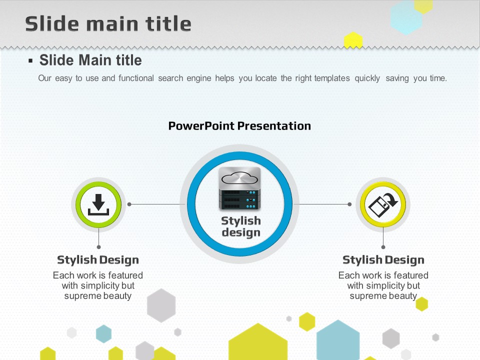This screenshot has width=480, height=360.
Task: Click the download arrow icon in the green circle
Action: [x=98, y=204]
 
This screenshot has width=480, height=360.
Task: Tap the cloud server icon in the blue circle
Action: [x=239, y=189]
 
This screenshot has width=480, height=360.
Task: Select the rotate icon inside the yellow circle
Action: [x=383, y=204]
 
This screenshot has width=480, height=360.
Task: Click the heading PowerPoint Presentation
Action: [x=239, y=126]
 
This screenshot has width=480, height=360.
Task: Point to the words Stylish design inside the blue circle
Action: [x=241, y=226]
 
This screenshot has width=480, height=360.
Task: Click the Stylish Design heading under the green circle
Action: [x=98, y=260]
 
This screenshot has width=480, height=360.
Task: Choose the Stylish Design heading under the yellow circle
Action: [x=383, y=260]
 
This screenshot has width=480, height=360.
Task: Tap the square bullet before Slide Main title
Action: [x=30, y=60]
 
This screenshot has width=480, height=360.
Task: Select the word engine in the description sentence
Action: [x=199, y=78]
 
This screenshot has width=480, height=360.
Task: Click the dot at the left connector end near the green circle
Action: [x=129, y=204]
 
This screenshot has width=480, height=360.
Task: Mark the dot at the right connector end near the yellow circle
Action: [x=349, y=204]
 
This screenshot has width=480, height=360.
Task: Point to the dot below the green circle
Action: [x=98, y=247]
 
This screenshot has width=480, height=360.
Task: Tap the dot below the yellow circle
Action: [x=383, y=247]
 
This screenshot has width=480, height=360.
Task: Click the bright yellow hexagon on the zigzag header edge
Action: [x=353, y=40]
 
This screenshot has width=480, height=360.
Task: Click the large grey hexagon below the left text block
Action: [x=161, y=305]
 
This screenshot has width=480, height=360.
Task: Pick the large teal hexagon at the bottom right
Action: [x=338, y=340]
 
